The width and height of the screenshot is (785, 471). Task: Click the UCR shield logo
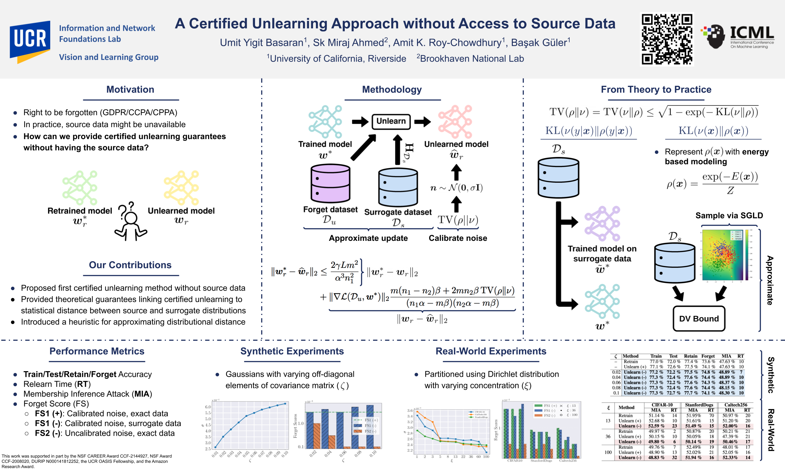tap(30, 41)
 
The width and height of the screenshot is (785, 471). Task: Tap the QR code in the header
tap(667, 39)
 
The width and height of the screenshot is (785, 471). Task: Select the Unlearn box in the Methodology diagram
tap(391, 121)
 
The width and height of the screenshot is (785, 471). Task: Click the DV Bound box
tap(699, 319)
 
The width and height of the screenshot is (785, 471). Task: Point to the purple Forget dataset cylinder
tap(330, 183)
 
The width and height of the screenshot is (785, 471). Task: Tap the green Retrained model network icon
tap(80, 188)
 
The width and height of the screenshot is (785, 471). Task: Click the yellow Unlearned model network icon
tap(181, 188)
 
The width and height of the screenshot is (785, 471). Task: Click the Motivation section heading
tap(130, 89)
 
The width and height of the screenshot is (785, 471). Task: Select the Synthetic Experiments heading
tap(292, 351)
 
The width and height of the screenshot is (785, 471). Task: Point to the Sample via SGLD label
tap(729, 215)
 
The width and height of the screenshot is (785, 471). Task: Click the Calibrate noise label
tap(457, 238)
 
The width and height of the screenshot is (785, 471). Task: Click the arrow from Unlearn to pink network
tap(423, 121)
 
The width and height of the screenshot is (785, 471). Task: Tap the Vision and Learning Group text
tap(109, 57)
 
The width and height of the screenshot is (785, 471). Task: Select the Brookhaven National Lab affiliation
tap(472, 59)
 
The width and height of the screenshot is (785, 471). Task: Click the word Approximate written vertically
tap(770, 280)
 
